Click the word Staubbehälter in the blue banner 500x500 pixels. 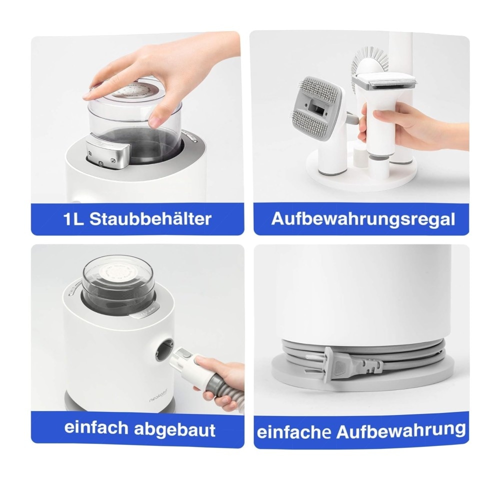(x=150, y=219)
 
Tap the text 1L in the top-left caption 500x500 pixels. (x=73, y=219)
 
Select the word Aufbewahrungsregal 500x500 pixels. (x=363, y=219)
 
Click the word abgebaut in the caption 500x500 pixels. (x=174, y=429)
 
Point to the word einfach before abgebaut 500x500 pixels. (x=96, y=427)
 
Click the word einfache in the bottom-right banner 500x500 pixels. (x=294, y=432)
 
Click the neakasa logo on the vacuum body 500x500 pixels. (x=160, y=400)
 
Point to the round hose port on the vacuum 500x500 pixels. (x=164, y=351)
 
